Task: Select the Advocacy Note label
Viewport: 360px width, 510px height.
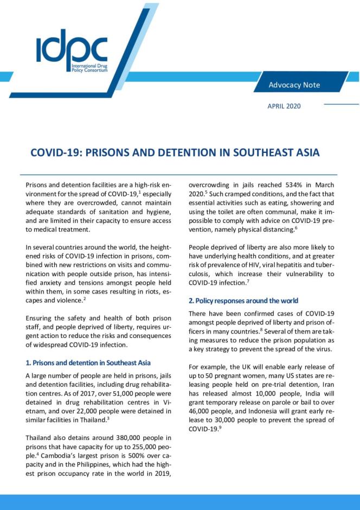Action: (x=294, y=85)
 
